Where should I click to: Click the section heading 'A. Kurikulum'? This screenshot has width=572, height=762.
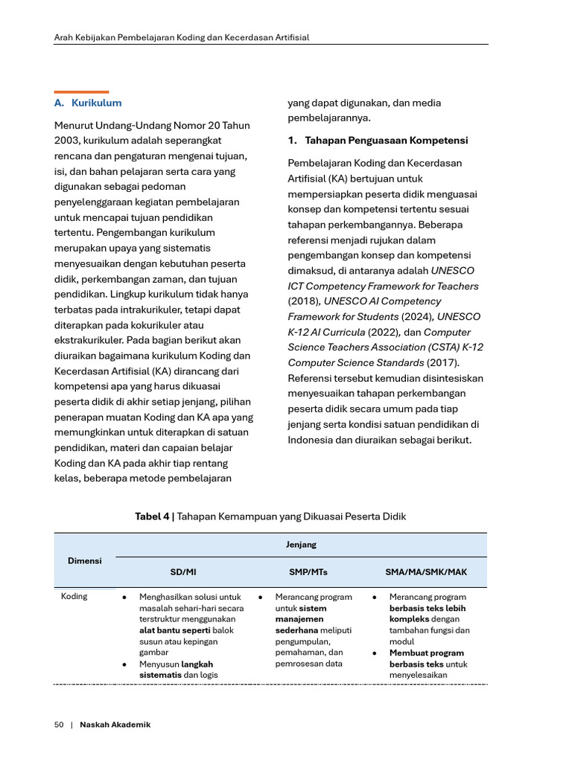coord(88,103)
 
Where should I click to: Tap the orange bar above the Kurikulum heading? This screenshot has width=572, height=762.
coord(82,92)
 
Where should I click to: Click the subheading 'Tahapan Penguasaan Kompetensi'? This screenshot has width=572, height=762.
coord(385,140)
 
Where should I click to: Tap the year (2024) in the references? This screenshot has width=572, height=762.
coord(404,316)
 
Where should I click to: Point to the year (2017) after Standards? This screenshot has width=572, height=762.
coord(442,362)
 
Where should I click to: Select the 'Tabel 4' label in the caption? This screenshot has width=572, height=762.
coord(152,516)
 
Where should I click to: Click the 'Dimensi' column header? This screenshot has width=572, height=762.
coord(85,560)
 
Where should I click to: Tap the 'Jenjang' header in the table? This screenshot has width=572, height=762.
coord(301,545)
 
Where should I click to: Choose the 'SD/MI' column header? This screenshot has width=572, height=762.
coord(183,572)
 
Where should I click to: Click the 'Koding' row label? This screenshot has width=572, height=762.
coord(74,597)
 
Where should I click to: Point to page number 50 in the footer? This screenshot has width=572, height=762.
coord(59,725)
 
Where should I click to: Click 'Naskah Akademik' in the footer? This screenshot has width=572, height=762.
coord(115,725)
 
